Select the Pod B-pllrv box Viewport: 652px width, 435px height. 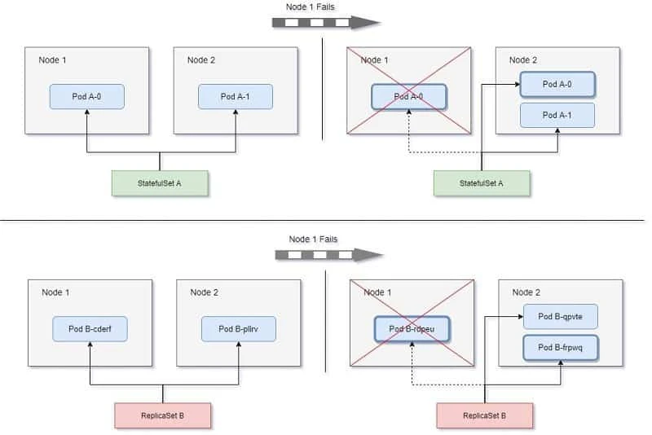[x=239, y=329]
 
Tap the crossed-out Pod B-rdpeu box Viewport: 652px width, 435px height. [x=412, y=329]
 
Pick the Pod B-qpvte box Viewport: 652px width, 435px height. [x=561, y=316]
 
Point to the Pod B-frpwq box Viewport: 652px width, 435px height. [x=561, y=348]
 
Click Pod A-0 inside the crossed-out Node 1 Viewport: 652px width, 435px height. [x=409, y=97]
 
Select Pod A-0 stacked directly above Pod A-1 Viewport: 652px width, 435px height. [x=557, y=84]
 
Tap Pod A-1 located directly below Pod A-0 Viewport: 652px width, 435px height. [x=557, y=115]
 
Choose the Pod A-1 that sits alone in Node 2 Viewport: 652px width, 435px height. [x=236, y=97]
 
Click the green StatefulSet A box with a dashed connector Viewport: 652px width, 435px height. [x=481, y=183]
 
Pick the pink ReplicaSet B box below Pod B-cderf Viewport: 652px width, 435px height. [x=164, y=415]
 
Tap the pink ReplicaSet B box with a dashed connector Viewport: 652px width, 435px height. [x=485, y=415]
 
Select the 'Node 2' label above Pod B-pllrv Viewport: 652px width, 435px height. [x=204, y=292]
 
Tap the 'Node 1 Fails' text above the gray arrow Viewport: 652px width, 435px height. [x=313, y=239]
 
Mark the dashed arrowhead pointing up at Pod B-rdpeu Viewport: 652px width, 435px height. [x=412, y=347]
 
